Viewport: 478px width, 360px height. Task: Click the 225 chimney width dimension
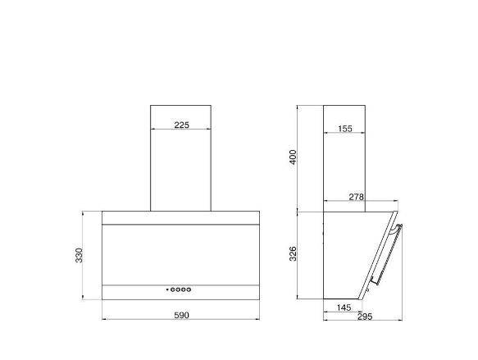[182, 125]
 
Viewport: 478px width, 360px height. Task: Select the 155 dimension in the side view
[345, 129]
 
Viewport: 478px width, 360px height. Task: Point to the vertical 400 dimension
[293, 157]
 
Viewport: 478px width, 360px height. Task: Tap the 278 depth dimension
[357, 197]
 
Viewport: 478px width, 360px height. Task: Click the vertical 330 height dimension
[79, 256]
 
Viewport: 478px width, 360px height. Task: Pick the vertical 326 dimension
[293, 254]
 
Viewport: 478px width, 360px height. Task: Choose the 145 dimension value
[344, 308]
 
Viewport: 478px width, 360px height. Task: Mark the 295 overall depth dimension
[365, 317]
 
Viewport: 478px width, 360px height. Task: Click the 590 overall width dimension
[182, 315]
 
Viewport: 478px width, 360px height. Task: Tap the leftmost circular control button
[173, 289]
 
